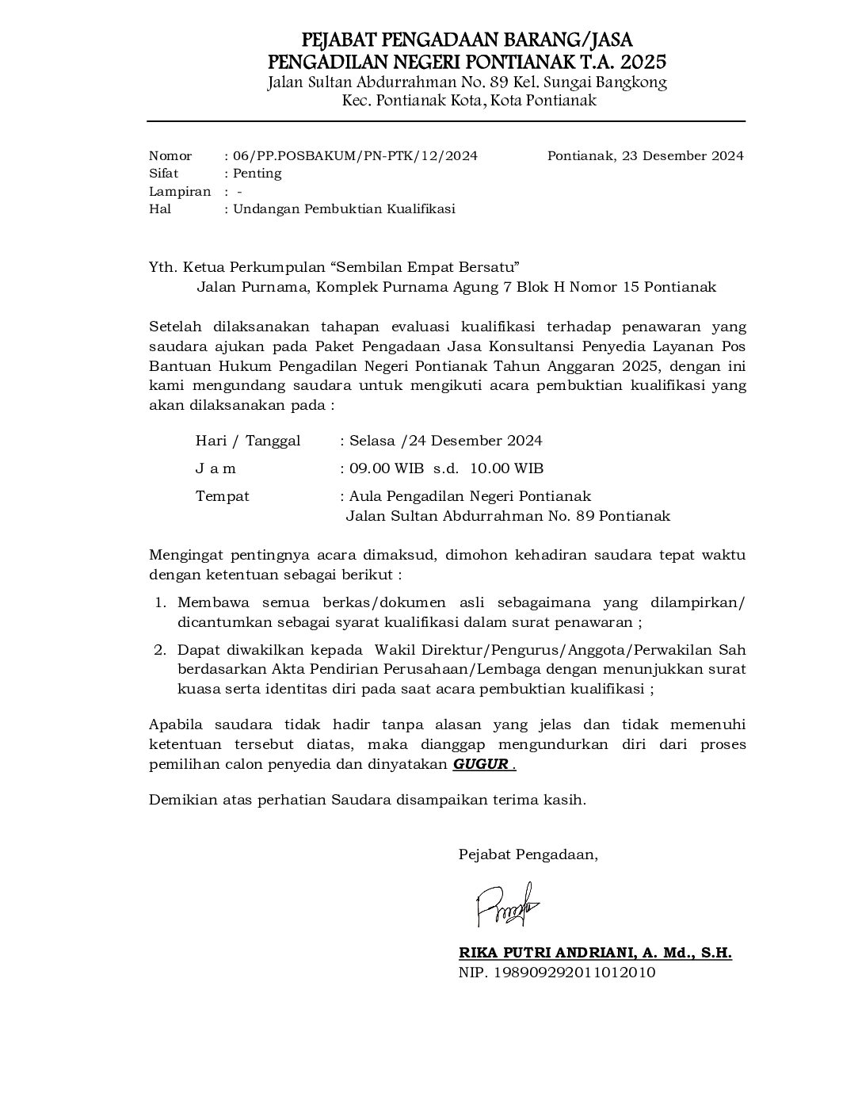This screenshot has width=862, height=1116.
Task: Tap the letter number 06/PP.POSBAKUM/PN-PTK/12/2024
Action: coord(356,156)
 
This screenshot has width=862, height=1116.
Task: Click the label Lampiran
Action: coord(180,192)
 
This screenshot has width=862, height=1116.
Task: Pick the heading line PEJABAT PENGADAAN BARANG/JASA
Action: coord(467,40)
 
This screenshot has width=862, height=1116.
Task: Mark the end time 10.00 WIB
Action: coord(507,468)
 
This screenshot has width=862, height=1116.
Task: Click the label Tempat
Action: coord(222,496)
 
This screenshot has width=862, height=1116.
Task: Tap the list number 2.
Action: coord(159,650)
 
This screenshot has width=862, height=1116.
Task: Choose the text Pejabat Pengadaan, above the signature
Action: coord(528,854)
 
